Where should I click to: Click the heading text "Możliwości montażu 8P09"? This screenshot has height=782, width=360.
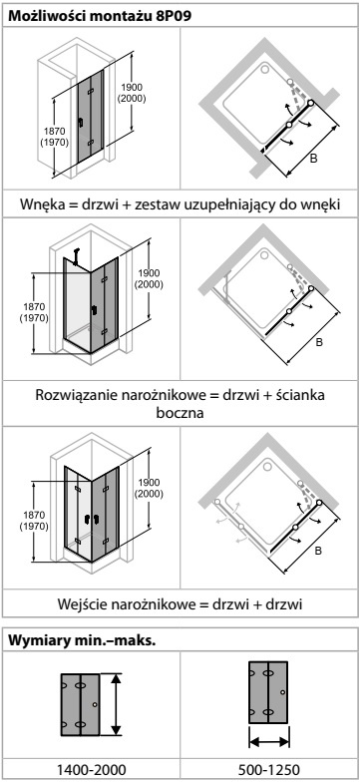click(100, 16)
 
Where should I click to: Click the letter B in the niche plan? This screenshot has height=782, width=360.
click(313, 159)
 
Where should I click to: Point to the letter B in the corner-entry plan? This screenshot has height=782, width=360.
click(318, 551)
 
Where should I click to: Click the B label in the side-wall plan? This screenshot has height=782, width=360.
click(319, 343)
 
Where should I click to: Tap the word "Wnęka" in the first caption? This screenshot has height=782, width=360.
click(41, 204)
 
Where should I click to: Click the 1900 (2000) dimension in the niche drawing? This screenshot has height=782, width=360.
click(132, 93)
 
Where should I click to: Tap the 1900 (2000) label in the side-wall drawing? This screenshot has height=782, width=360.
click(149, 279)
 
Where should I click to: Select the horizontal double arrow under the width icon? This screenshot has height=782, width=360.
click(269, 742)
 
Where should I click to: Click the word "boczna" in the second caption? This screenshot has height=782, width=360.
click(180, 413)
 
